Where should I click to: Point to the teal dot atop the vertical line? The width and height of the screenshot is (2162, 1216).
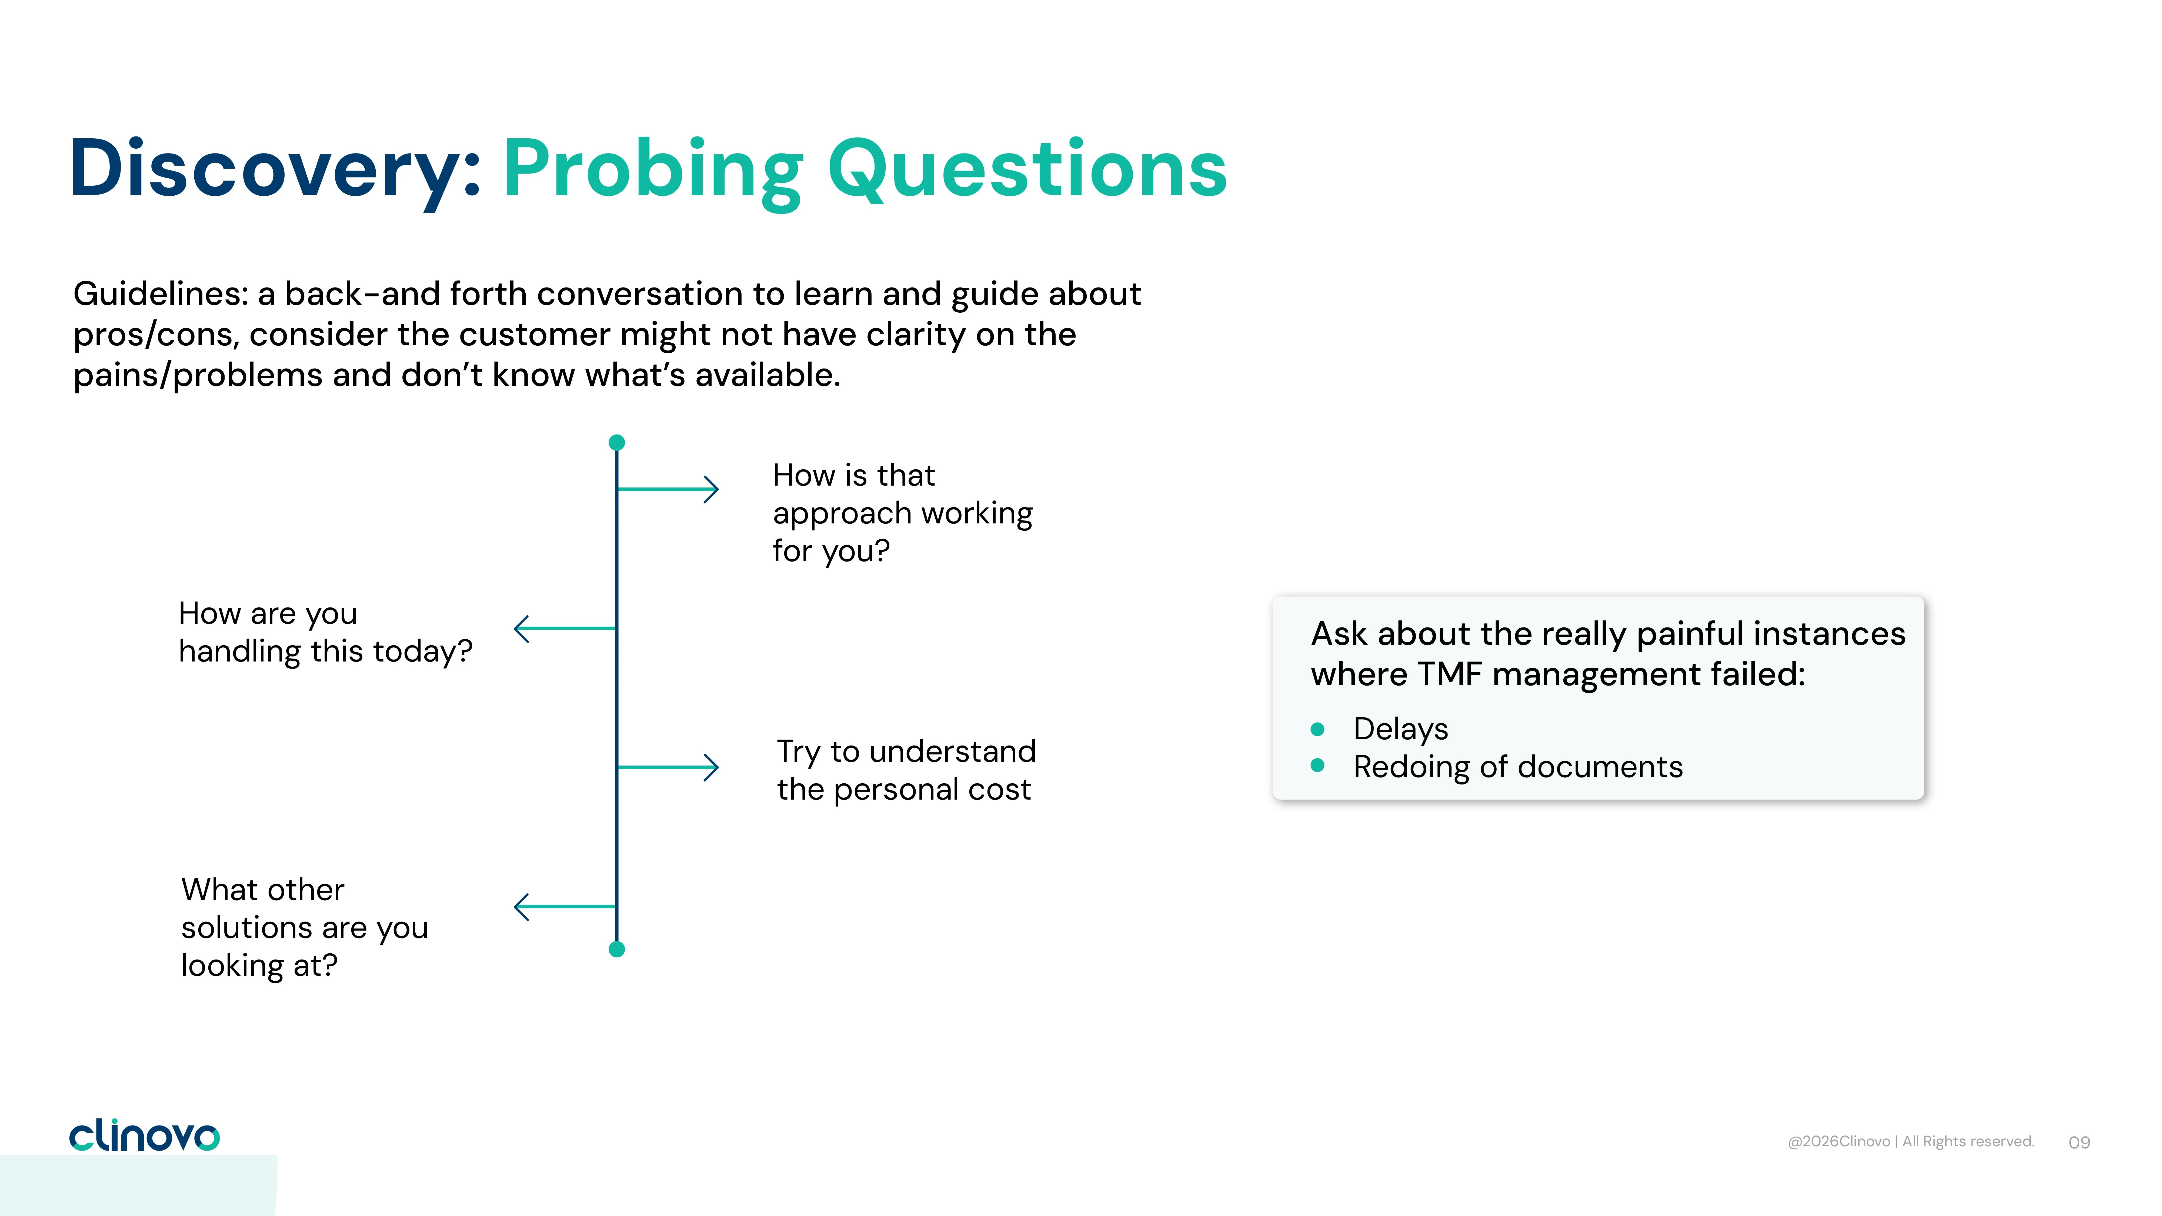(x=617, y=442)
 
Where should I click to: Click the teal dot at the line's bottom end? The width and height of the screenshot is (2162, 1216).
(x=617, y=949)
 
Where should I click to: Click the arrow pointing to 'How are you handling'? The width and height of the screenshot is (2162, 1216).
(x=565, y=628)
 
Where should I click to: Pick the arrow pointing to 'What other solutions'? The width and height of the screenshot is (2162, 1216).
(x=565, y=906)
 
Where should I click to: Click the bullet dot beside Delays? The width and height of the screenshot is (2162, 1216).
(x=1318, y=729)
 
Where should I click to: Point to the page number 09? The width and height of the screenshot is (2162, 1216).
(x=2079, y=1142)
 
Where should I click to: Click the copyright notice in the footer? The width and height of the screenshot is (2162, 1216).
(x=1911, y=1141)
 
